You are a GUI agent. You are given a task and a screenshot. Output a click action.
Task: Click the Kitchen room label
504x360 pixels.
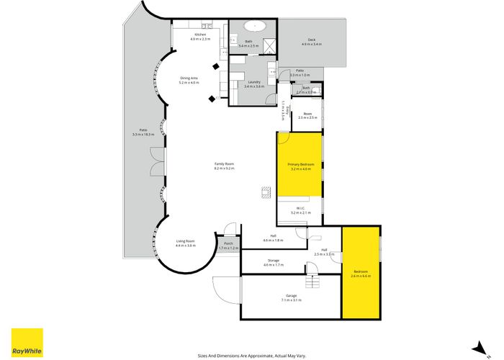click(201, 35)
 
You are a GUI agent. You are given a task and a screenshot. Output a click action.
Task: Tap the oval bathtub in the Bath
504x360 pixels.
click(255, 26)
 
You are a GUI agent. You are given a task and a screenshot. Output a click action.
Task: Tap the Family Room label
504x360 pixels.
click(224, 165)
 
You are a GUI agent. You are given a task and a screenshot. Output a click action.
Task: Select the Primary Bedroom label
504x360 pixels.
click(300, 165)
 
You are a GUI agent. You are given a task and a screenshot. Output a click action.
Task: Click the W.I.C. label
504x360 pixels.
click(300, 210)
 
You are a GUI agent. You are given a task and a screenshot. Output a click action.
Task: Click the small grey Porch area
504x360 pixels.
click(229, 245)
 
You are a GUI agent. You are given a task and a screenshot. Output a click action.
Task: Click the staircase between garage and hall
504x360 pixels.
click(313, 274)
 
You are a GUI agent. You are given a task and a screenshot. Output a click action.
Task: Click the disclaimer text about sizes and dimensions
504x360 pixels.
click(251, 354)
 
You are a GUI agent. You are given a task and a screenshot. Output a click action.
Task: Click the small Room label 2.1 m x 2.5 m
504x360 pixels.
click(307, 115)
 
